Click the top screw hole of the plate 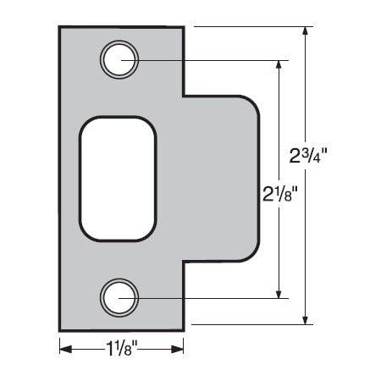119,60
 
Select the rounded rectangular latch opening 119,179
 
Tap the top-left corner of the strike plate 59,27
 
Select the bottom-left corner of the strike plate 59,330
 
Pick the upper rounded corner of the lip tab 251,103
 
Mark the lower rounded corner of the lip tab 251,253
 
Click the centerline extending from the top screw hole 212,60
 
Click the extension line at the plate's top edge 246,27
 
